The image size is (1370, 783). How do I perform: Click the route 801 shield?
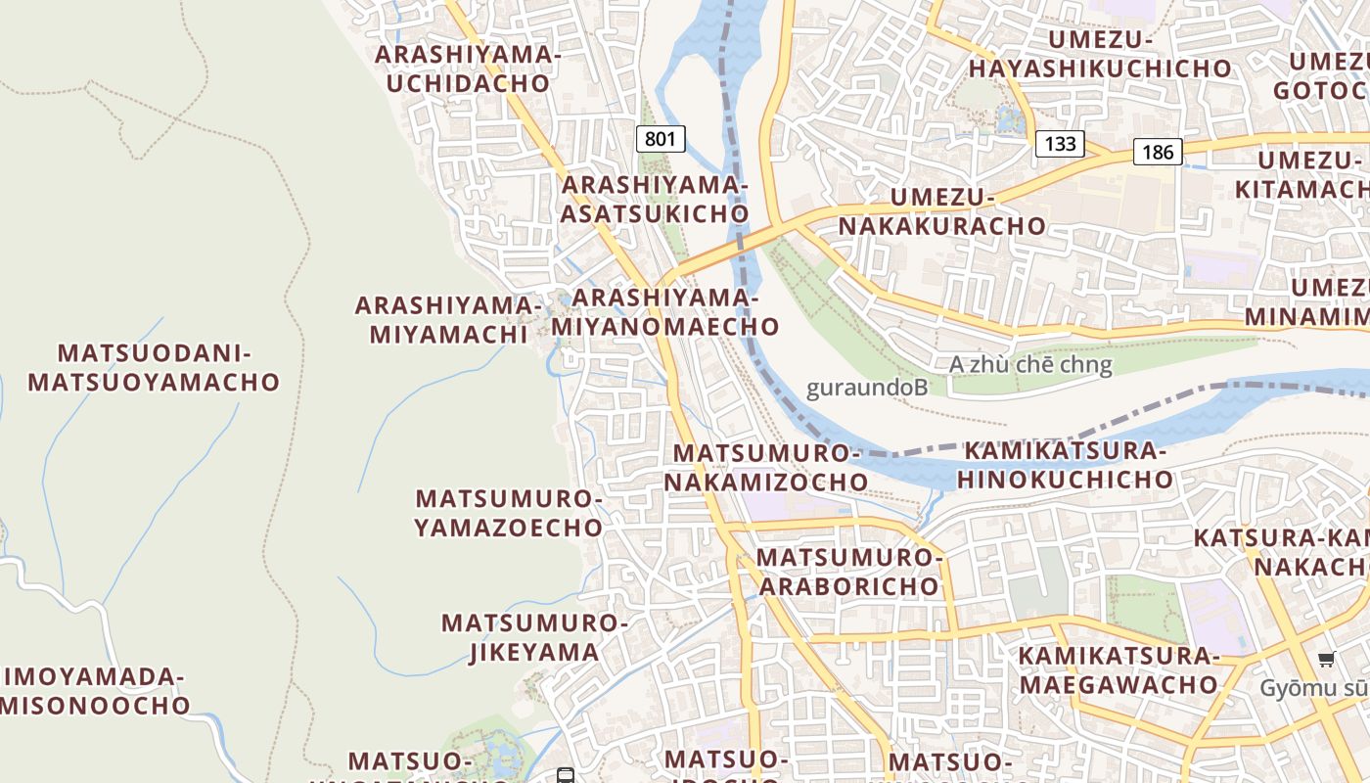(661, 139)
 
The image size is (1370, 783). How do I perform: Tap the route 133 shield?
(1060, 145)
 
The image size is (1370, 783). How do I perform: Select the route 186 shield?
(1159, 152)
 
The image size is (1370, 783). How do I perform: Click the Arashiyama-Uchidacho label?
(468, 69)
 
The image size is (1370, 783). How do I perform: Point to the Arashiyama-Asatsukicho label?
(655, 199)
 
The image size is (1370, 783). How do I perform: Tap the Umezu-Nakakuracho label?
(941, 211)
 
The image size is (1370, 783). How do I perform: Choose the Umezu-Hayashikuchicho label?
(1100, 54)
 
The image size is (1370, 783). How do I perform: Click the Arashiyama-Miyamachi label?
(448, 319)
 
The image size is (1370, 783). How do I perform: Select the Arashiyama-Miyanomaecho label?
(665, 311)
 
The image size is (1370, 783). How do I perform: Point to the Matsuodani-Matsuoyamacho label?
(154, 367)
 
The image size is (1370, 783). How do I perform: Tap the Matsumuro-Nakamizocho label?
(766, 467)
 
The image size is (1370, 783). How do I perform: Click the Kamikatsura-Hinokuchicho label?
(1065, 465)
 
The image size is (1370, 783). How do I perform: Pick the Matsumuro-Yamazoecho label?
(509, 513)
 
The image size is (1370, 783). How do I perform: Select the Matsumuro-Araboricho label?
(849, 572)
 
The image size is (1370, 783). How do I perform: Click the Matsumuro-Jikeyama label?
(533, 637)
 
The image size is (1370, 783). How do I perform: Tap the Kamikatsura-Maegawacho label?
(1119, 669)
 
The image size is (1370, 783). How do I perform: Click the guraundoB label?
(866, 388)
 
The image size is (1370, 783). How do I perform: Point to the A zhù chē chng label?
(1030, 365)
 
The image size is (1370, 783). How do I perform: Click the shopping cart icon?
(1326, 660)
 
